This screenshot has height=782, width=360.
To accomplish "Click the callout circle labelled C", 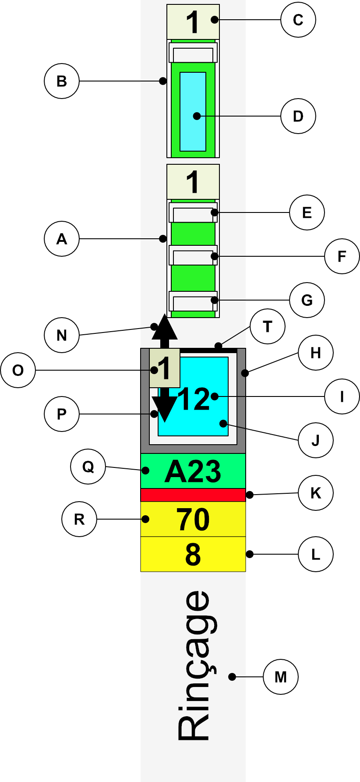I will coord(298,20).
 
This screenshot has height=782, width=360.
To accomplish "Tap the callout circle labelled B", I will coord(62,81).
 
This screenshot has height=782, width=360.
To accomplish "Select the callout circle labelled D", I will coord(298,116).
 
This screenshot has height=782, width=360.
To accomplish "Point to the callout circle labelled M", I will coord(280,677).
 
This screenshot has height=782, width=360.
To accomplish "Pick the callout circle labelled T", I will coord(267,326).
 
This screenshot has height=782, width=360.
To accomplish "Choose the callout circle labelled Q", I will coord(88,467).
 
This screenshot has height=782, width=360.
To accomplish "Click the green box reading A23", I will coord(193,471).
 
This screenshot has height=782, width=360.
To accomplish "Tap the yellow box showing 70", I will coord(193,519).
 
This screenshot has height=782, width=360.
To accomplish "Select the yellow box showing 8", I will coord(193,554).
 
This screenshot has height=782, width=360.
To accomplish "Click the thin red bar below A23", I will coord(193,495).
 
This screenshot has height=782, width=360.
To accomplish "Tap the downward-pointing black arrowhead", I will coord(164,410).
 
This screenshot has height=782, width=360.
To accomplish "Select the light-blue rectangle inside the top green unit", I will coord(193,112).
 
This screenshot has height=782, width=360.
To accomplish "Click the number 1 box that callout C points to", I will coord(193,22).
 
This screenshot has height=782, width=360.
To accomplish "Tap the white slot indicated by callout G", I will coord(193,301).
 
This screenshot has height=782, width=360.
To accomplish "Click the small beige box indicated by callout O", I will coord(164,368).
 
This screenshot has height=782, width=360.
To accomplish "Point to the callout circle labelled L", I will coord(315,554).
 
